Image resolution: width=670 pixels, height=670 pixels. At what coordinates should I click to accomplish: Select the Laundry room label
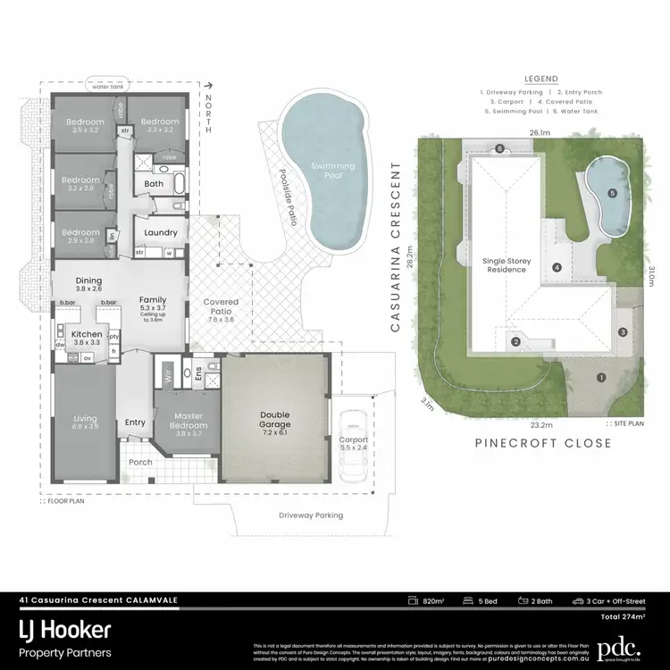coord(161,232)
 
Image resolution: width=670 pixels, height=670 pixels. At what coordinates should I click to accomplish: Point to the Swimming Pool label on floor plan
coord(332,171)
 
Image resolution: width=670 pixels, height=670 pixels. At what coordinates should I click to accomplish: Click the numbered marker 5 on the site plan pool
coord(612,193)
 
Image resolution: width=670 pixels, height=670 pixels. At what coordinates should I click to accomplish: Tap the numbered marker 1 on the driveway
coord(601,377)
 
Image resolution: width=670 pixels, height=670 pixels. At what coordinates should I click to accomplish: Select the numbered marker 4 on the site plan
coord(557,266)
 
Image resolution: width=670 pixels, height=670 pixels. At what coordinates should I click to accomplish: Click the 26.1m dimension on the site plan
coord(538,134)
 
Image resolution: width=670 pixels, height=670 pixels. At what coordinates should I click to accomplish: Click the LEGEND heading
coord(540,79)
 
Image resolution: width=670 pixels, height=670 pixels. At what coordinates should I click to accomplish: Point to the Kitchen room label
coord(88,333)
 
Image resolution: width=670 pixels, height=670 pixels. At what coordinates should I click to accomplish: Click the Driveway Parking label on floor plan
coord(311,515)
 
